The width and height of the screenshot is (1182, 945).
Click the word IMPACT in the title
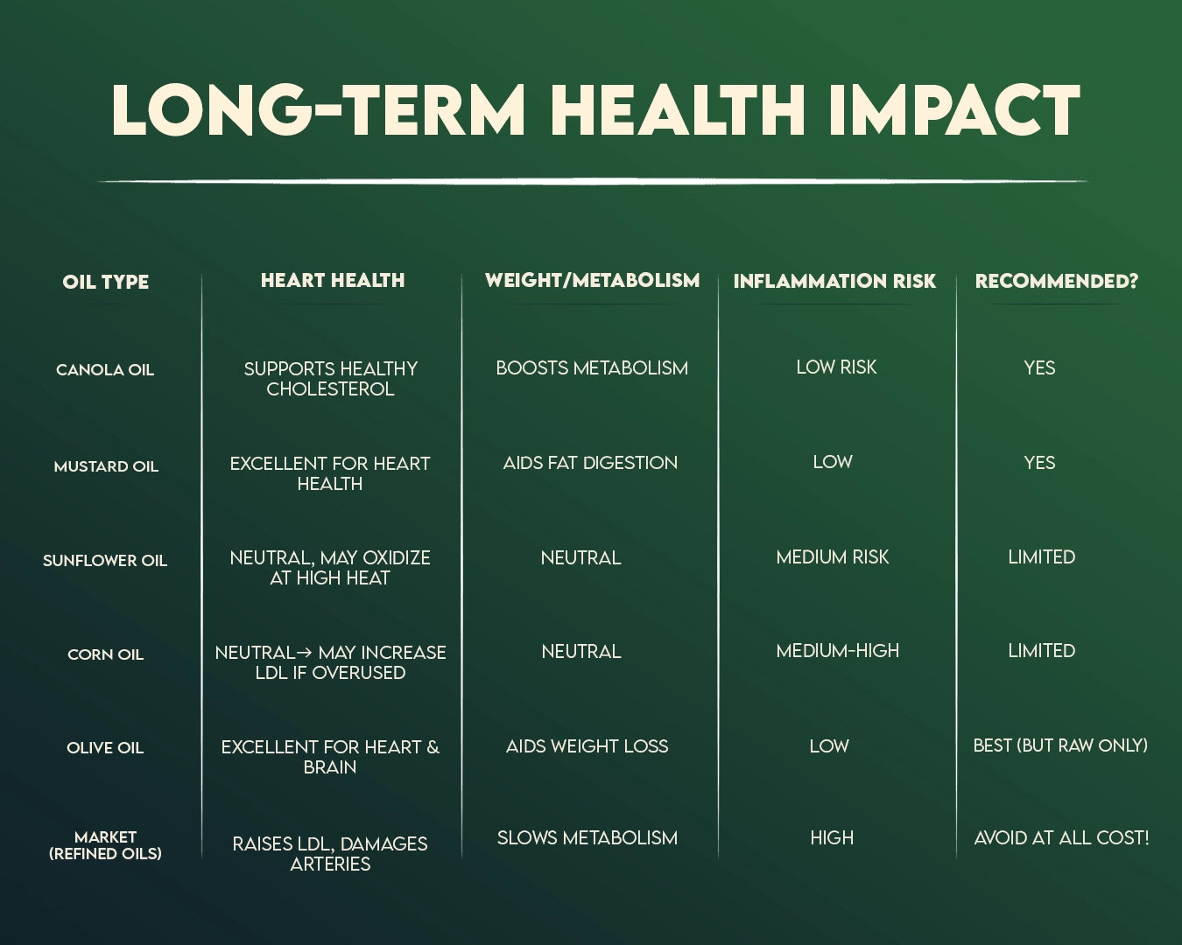click(x=954, y=110)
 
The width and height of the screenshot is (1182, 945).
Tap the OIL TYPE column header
click(x=105, y=282)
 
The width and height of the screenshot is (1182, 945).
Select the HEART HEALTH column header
click(x=333, y=281)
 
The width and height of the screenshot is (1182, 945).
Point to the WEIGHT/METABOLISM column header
click(x=592, y=281)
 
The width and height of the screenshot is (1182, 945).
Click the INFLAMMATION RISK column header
click(x=834, y=281)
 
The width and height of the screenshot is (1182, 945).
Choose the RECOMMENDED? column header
click(x=1057, y=281)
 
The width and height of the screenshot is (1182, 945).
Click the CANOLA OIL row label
click(x=105, y=370)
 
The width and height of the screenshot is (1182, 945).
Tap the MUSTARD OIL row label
click(x=106, y=466)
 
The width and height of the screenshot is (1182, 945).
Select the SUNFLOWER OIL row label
click(x=105, y=561)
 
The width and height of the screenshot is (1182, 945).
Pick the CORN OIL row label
click(x=105, y=654)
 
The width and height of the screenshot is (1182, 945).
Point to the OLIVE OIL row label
click(x=105, y=748)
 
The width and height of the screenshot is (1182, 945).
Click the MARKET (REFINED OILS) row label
click(x=105, y=845)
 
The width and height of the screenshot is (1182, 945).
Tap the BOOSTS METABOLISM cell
click(x=592, y=367)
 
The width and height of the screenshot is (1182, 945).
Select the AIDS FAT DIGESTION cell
click(x=590, y=463)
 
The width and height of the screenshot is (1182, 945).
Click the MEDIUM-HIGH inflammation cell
click(x=838, y=651)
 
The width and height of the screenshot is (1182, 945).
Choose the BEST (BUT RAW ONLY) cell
click(x=1060, y=745)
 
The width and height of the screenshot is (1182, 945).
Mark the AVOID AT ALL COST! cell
click(x=1061, y=838)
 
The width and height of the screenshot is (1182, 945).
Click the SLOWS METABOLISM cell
click(x=587, y=838)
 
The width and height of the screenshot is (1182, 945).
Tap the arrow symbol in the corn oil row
click(x=305, y=653)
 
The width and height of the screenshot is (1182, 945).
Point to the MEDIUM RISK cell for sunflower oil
click(x=832, y=557)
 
